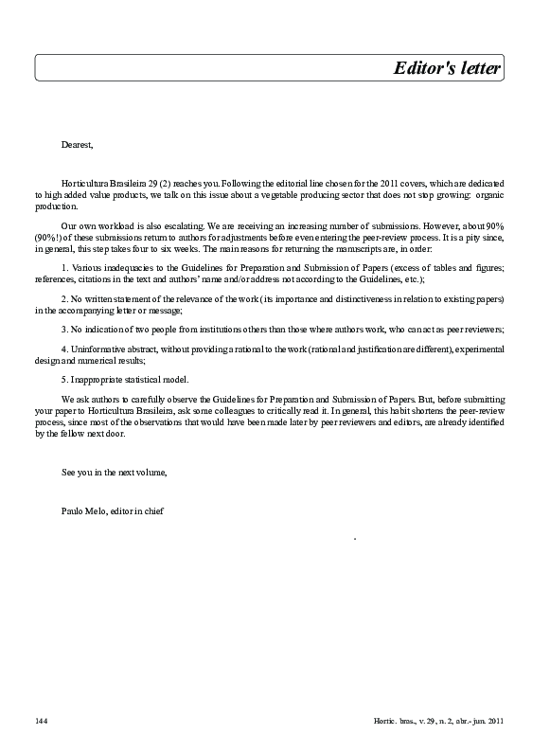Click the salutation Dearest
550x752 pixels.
[78, 144]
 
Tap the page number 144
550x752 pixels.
[41, 722]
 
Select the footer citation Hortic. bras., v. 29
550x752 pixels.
[438, 722]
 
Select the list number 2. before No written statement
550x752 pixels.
[64, 299]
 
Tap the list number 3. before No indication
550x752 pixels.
[64, 329]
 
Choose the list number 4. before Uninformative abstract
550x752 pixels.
[64, 349]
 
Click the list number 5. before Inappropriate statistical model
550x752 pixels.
[64, 379]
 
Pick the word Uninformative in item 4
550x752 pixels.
[98, 349]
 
